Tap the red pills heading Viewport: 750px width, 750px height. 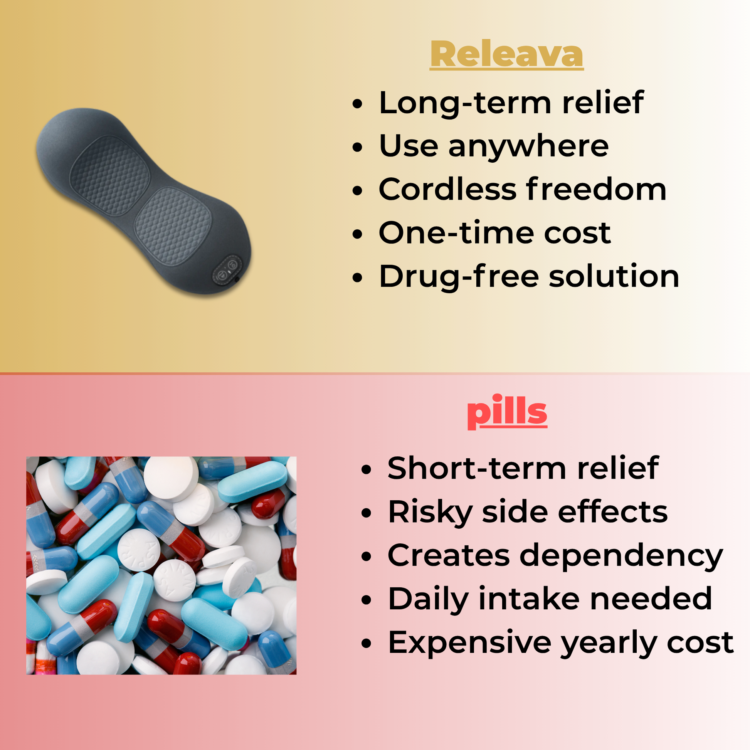(507, 412)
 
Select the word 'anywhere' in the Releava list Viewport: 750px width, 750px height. (529, 147)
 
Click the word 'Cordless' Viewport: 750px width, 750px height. (447, 190)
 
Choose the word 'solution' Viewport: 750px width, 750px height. (614, 276)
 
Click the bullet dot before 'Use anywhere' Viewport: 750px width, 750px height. (357, 148)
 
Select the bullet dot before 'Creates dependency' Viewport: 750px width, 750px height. (366, 557)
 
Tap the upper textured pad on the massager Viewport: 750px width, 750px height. (110, 175)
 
